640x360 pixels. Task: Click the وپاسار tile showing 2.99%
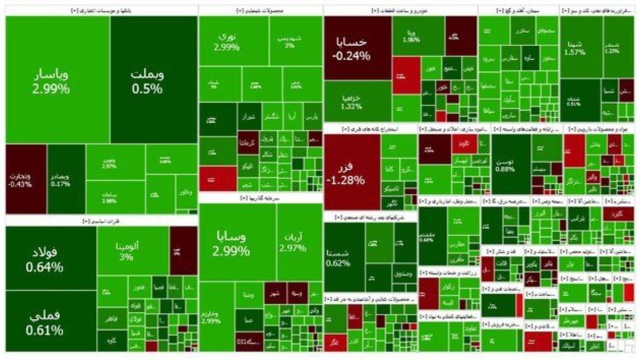[51, 80]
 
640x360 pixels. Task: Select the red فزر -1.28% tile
[351, 171]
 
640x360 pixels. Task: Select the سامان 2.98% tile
[108, 197]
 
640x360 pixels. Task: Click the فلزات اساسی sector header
[101, 220]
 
